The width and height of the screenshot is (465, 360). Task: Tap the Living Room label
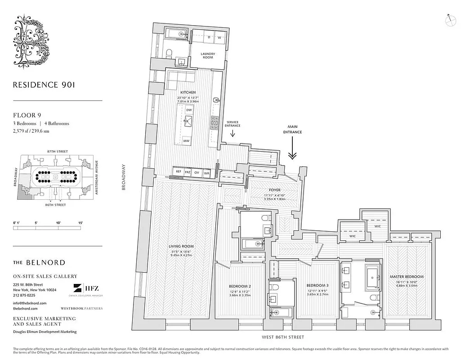[181, 246]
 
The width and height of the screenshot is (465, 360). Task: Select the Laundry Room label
[207, 55]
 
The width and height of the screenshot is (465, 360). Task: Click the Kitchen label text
[188, 92]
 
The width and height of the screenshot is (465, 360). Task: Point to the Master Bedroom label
[410, 277]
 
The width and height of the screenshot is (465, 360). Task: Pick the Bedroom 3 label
[317, 285]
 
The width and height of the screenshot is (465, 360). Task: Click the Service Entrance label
[232, 124]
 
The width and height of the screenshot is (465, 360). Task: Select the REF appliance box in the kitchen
[179, 172]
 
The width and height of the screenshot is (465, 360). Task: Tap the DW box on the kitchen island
[189, 110]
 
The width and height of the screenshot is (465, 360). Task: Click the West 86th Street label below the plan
[279, 337]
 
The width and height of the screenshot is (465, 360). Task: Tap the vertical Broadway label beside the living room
[124, 178]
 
